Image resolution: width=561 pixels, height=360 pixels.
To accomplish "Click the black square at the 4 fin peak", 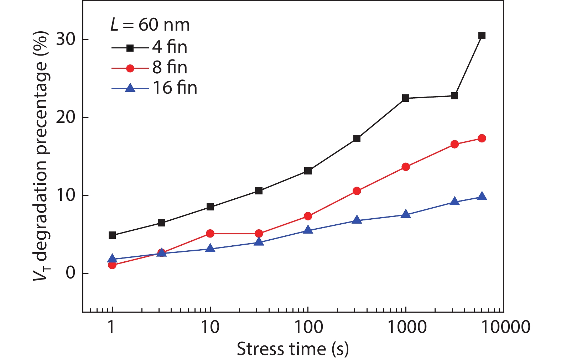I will [x=482, y=36].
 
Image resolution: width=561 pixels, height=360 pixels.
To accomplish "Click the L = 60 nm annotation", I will [x=150, y=25].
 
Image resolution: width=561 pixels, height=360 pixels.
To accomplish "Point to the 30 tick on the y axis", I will [x=67, y=39].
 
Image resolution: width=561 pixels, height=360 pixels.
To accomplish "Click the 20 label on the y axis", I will [x=67, y=117].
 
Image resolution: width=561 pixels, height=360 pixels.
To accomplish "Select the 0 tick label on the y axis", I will [x=71, y=273].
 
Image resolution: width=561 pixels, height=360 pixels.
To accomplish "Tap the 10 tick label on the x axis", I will [x=210, y=327].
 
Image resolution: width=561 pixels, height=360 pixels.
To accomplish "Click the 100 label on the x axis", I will [x=308, y=327].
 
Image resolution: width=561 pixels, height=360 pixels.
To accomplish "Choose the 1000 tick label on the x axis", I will [x=406, y=327].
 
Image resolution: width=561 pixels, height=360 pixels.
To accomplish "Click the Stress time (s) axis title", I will [x=293, y=349].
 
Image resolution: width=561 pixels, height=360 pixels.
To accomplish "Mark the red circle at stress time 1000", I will [x=406, y=167].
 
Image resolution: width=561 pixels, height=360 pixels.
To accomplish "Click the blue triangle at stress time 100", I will [x=308, y=230].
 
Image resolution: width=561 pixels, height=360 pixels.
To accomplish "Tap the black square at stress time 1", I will [x=112, y=235].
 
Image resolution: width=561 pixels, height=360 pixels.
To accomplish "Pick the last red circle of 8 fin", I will [x=482, y=138].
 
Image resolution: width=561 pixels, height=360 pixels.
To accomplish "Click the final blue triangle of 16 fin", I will [x=482, y=196].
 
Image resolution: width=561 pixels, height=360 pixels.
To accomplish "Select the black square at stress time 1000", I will [x=406, y=98].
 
